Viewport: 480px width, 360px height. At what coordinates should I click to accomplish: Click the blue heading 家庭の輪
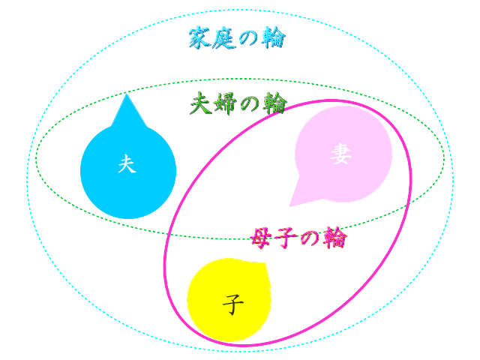237,37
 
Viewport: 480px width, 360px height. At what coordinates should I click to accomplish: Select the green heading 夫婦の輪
238,103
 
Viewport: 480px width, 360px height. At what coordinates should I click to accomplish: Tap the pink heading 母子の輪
298,238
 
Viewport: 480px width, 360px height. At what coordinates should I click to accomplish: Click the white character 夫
127,164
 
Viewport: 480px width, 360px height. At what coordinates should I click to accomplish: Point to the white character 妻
340,154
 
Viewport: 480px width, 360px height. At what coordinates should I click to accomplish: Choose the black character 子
233,304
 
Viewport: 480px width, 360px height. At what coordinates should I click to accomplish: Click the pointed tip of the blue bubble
127,96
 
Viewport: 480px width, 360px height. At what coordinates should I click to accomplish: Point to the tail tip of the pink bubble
290,205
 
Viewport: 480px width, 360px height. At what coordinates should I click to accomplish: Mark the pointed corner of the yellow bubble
265,264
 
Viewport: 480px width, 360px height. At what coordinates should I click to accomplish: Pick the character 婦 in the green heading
226,103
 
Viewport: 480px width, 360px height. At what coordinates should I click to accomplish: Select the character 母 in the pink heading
261,238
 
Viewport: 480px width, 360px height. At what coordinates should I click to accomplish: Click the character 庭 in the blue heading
225,37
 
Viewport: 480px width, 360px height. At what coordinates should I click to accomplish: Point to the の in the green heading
250,103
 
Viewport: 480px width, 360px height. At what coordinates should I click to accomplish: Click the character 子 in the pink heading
286,238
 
